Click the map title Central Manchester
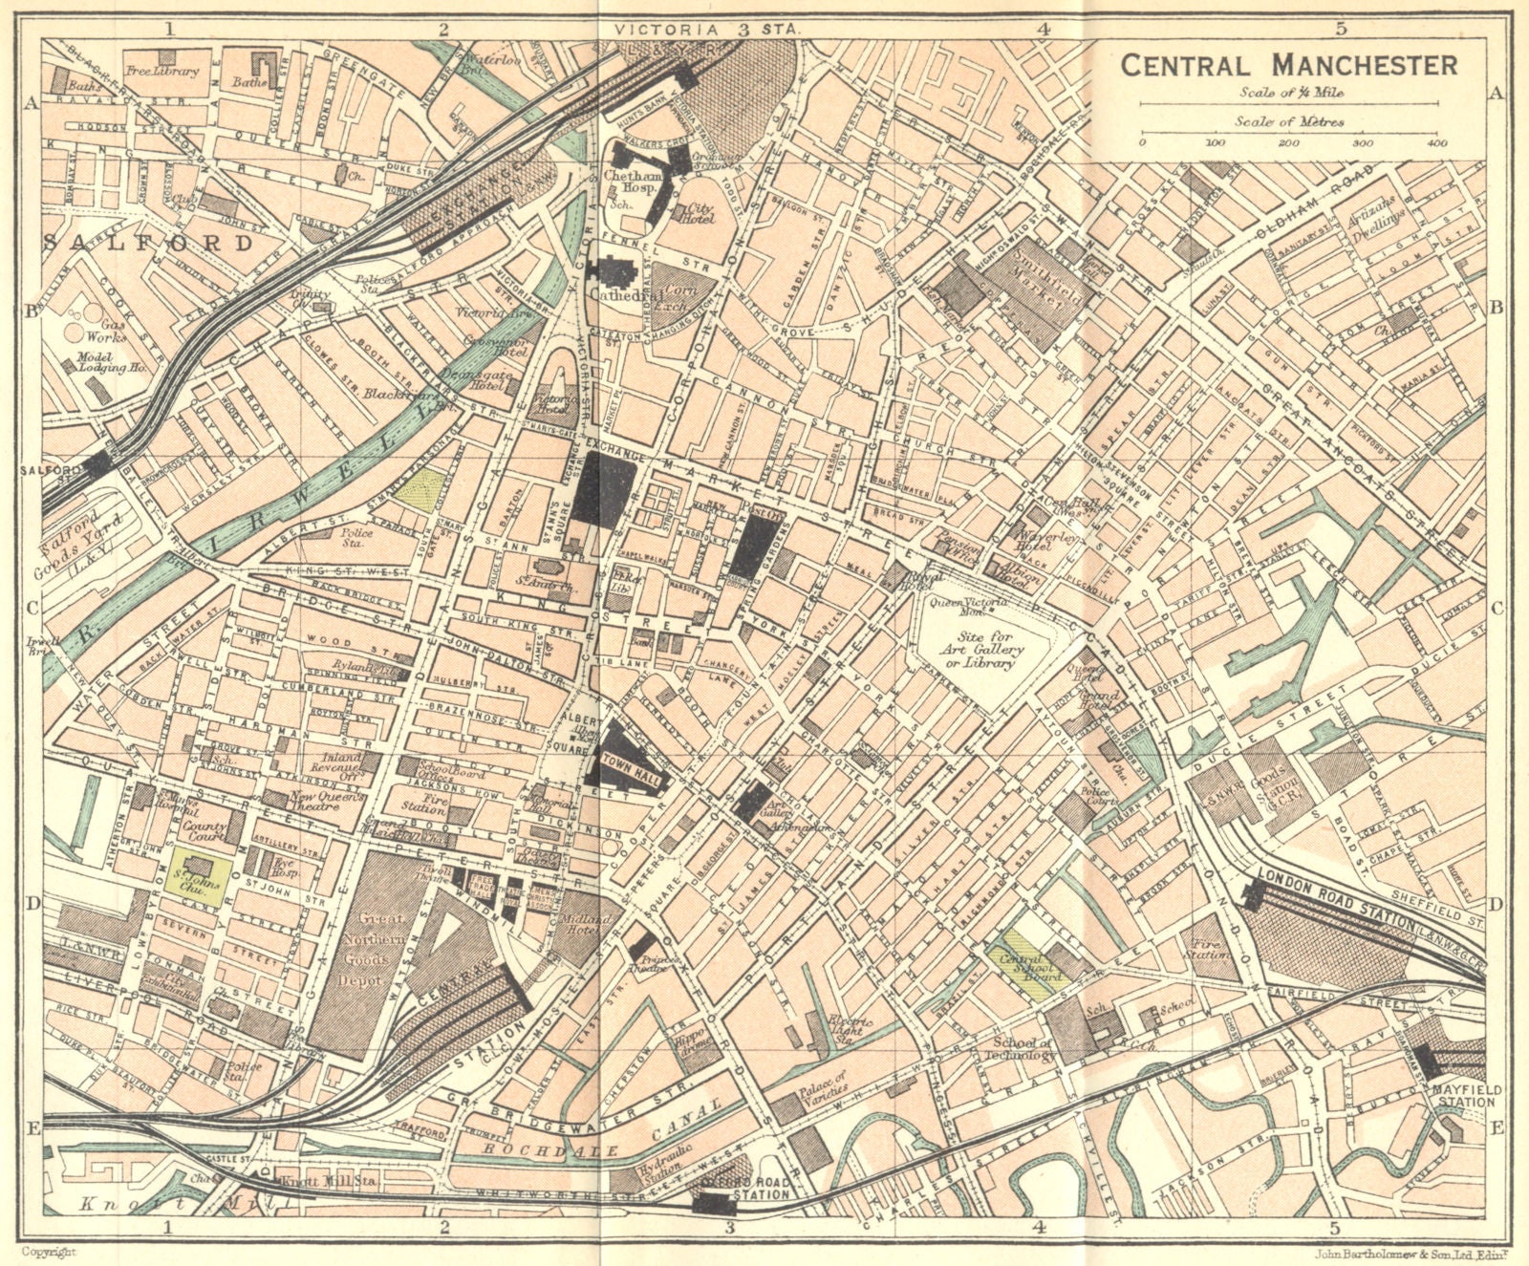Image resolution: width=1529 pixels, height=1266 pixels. [x=1288, y=66]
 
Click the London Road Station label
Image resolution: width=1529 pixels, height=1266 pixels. [x=1336, y=899]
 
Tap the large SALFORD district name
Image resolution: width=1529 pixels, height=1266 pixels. [x=149, y=243]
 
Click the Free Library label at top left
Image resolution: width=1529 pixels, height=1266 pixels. [x=162, y=71]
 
